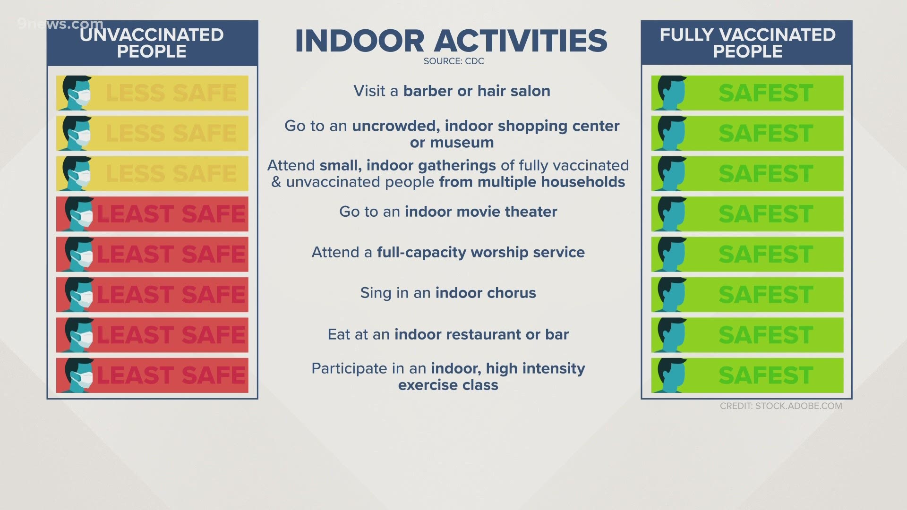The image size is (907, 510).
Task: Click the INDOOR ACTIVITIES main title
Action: (x=451, y=41)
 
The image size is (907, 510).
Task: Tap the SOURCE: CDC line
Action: (x=453, y=61)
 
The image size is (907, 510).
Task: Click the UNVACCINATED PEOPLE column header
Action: (x=152, y=43)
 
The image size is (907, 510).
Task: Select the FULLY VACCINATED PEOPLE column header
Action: (x=747, y=43)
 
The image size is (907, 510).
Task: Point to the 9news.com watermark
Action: (x=60, y=24)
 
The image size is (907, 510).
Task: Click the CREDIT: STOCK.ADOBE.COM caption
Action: (x=781, y=406)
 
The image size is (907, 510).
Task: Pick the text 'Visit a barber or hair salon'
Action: (x=452, y=91)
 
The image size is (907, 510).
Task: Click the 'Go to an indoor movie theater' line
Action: (x=448, y=212)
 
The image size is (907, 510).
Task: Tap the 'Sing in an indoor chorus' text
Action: (x=448, y=293)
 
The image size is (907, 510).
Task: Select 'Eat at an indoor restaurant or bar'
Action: (x=448, y=334)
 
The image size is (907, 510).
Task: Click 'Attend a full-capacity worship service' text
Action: (x=448, y=252)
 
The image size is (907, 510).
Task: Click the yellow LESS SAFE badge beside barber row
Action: (x=152, y=93)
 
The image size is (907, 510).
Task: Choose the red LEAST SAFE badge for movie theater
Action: (x=152, y=214)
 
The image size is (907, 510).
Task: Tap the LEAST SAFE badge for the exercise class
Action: (x=152, y=375)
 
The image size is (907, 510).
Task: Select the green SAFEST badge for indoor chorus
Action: (x=747, y=295)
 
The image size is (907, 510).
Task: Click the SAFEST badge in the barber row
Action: (x=747, y=93)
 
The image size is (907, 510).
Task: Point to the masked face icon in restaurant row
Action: (x=78, y=335)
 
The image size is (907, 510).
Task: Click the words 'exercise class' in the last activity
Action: (x=448, y=385)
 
